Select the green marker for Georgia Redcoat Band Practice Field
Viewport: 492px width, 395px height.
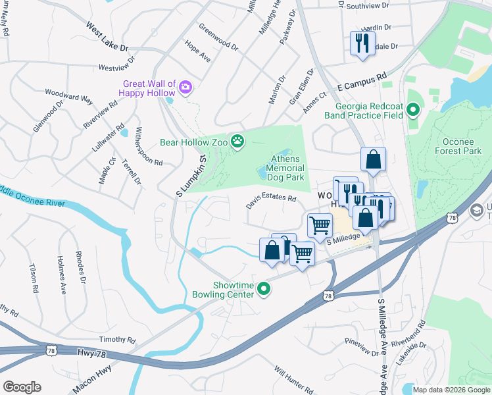click(x=413, y=110)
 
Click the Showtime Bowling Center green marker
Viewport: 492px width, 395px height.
click(x=264, y=289)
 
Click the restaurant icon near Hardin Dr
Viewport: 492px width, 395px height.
click(x=362, y=43)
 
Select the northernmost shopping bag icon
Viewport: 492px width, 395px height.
click(x=372, y=160)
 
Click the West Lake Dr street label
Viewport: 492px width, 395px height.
click(x=106, y=38)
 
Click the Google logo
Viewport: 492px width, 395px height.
click(x=22, y=386)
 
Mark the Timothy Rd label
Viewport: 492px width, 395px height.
click(x=116, y=340)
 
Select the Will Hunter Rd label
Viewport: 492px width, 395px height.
click(x=293, y=381)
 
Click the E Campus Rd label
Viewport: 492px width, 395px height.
click(x=361, y=82)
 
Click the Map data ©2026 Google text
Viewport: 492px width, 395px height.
click(x=451, y=390)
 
